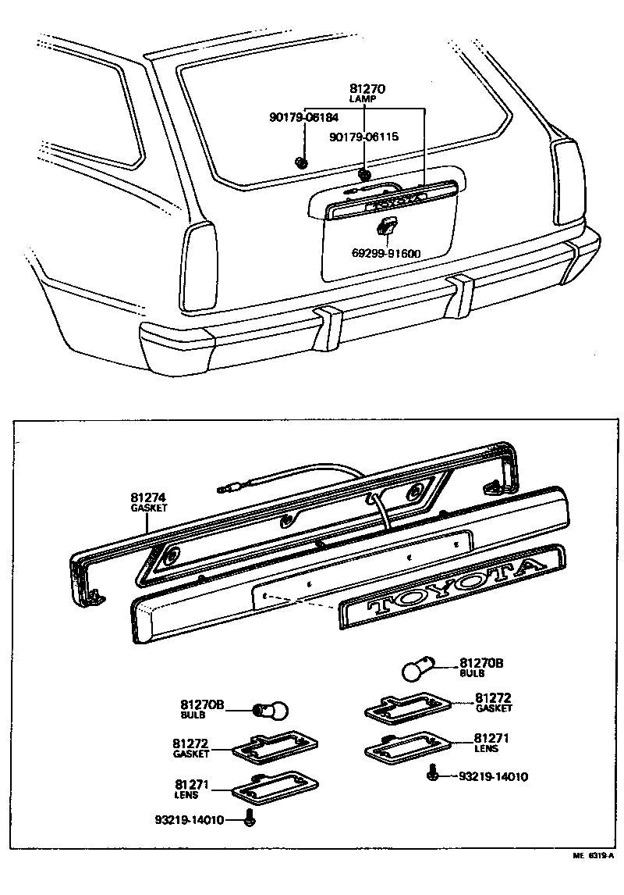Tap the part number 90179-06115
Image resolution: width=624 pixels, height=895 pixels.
[x=363, y=137]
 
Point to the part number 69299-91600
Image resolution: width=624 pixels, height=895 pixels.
[x=385, y=253]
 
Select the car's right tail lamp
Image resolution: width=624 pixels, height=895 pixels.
[x=568, y=181]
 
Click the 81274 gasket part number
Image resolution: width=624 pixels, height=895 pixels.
[x=147, y=497]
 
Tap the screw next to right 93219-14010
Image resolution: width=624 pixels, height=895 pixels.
[x=431, y=776]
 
